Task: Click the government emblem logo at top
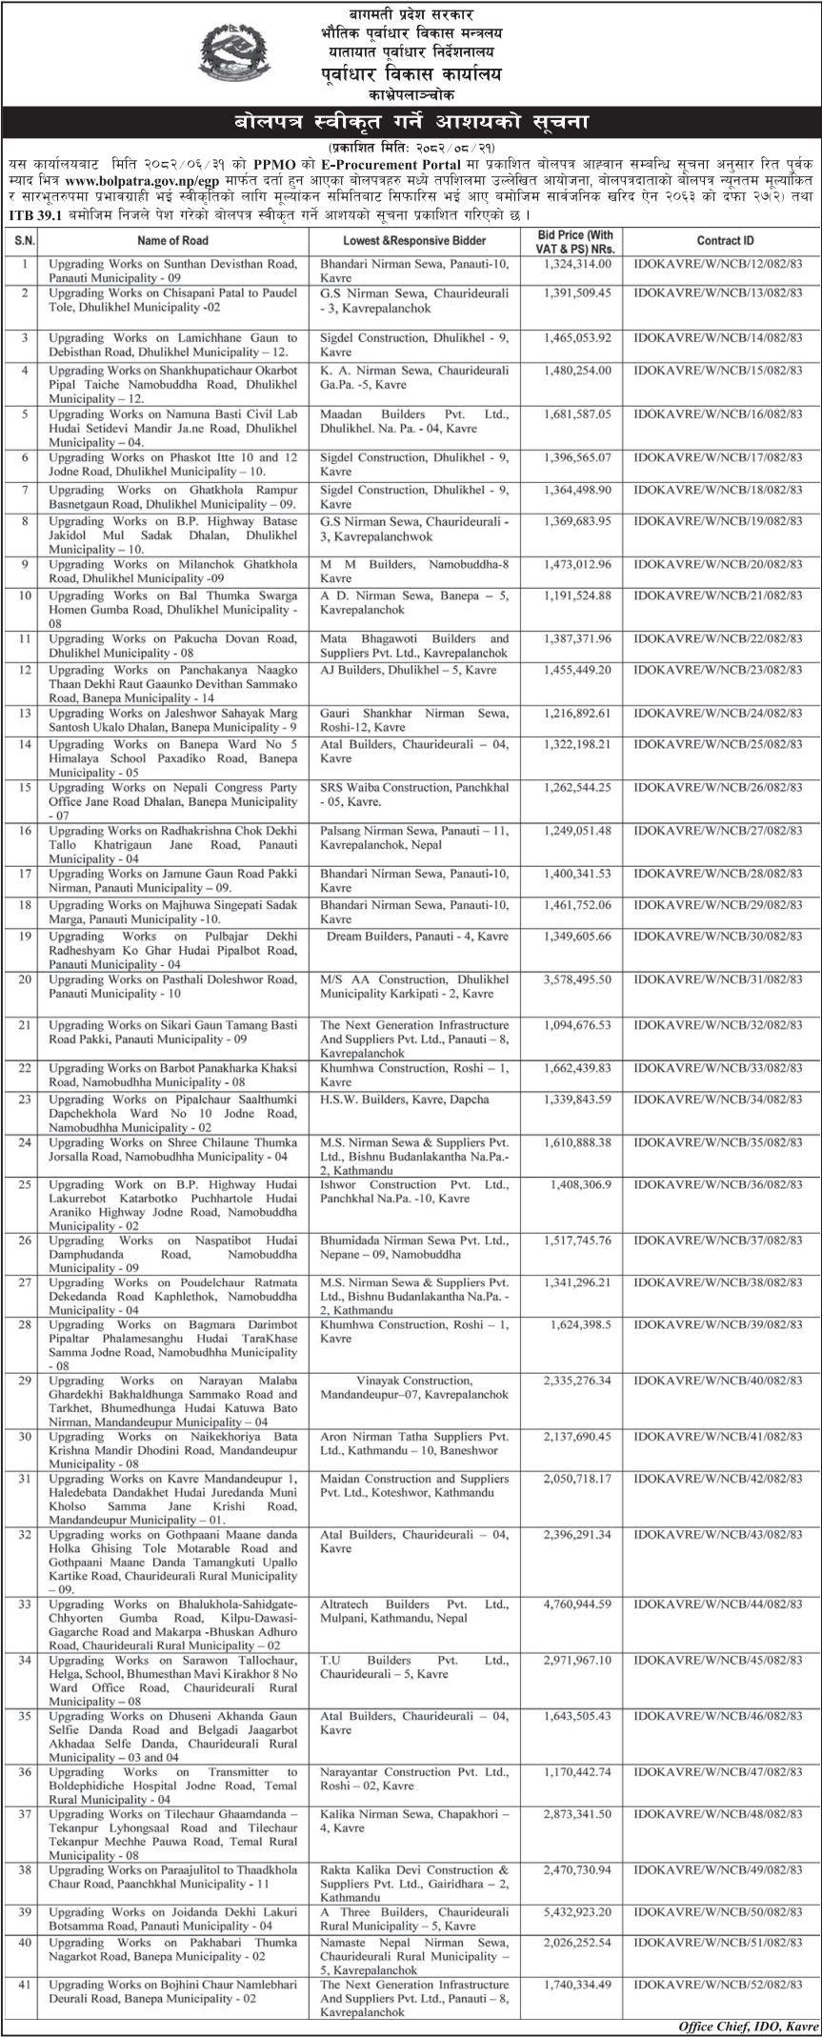234,53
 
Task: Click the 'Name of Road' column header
172,242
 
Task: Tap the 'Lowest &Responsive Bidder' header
414,242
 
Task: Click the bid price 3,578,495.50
577,979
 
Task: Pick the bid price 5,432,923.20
577,1912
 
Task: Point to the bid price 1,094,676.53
577,1025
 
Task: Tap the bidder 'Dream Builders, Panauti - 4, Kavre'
416,937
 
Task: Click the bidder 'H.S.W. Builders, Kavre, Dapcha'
404,1099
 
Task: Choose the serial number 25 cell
25,1185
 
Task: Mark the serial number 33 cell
25,1604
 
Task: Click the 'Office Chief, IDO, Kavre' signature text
747,2027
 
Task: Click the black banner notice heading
411,123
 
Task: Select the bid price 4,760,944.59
577,1604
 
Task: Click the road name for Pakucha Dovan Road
172,645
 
